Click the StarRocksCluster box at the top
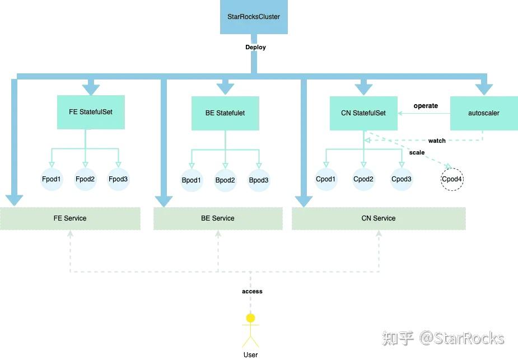254,17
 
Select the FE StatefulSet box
91,112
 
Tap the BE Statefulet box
225,113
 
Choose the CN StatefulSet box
363,113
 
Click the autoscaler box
484,113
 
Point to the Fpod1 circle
52,179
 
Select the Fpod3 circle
118,179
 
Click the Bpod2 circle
225,180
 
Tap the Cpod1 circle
326,179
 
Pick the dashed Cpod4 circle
452,179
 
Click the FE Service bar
70,218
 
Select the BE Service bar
218,218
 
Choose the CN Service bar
379,218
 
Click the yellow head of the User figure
250,318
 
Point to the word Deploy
255,47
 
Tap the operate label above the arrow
426,106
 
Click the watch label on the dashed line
437,141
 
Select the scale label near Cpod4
417,152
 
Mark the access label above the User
252,291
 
